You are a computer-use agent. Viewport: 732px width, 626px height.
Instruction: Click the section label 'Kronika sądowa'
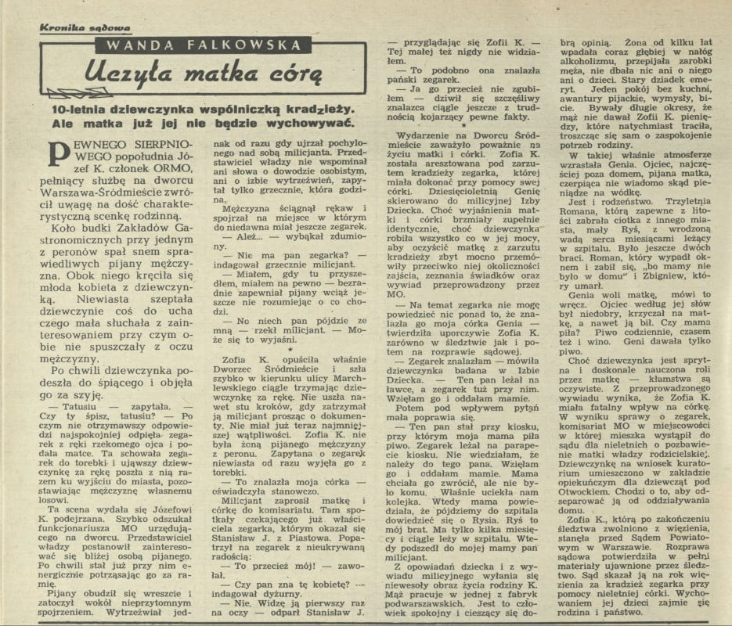75,27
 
